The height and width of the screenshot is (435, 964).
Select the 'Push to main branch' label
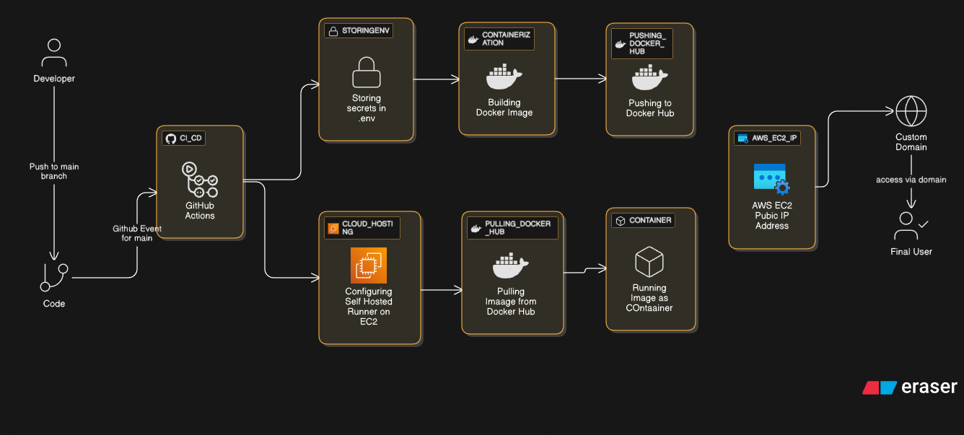point(54,171)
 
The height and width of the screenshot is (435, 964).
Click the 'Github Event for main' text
point(137,233)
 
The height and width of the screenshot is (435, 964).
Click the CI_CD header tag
point(184,139)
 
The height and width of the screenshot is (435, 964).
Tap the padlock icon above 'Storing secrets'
point(366,73)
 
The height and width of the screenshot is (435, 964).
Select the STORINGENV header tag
point(359,31)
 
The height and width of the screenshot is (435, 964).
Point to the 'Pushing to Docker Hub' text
point(650,108)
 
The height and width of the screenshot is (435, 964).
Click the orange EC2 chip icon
point(369,265)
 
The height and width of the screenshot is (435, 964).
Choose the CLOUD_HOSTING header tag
point(361,227)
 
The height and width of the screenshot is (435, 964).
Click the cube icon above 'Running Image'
point(649,261)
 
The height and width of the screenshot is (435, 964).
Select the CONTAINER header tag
point(643,220)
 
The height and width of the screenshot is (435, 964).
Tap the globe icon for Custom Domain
point(911,112)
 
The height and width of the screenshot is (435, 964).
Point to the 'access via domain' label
point(911,180)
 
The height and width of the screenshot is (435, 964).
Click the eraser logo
point(910,387)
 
